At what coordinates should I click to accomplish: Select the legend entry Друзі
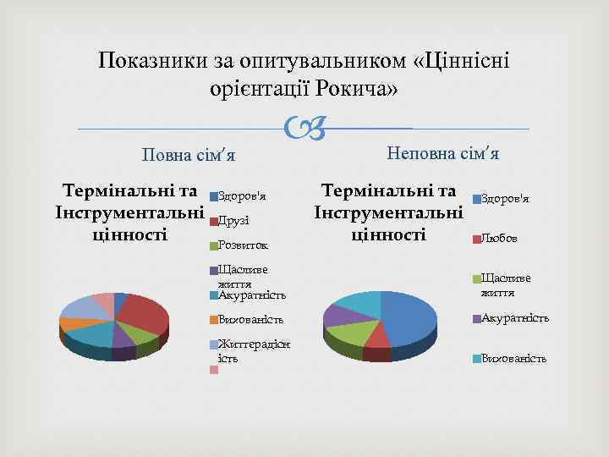(x=233, y=221)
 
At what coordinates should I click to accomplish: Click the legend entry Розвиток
(x=242, y=245)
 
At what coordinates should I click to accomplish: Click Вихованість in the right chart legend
(x=513, y=358)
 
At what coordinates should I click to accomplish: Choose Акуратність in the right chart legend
(x=514, y=318)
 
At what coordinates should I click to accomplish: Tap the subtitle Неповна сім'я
(x=442, y=153)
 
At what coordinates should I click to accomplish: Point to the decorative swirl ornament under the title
(x=304, y=129)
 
